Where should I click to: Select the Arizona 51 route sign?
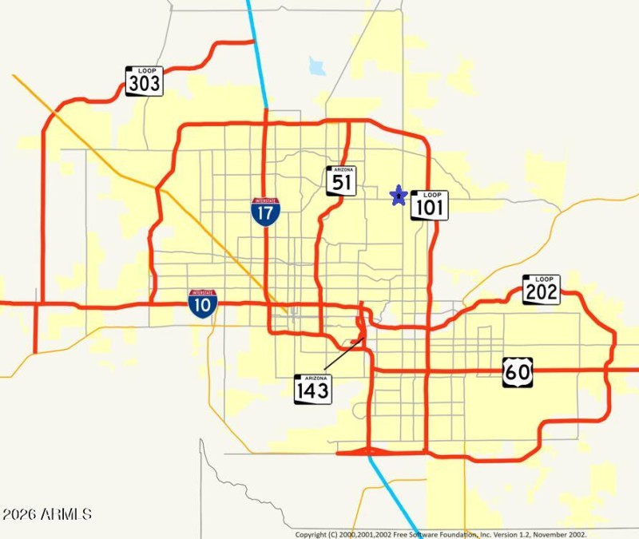pyautogui.click(x=341, y=180)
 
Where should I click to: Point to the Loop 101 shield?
pyautogui.click(x=430, y=205)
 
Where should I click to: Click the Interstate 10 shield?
pyautogui.click(x=203, y=304)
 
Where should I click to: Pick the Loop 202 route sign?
pyautogui.click(x=542, y=289)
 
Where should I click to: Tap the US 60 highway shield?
pyautogui.click(x=518, y=372)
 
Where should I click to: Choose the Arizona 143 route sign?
pyautogui.click(x=313, y=389)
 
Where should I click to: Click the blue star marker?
pyautogui.click(x=398, y=195)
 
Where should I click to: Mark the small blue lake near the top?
pyautogui.click(x=317, y=65)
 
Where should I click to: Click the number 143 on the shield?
pyautogui.click(x=313, y=392)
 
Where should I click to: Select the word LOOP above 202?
pyautogui.click(x=542, y=279)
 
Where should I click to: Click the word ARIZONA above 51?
pyautogui.click(x=341, y=170)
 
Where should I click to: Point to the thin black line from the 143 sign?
pyautogui.click(x=343, y=355)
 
